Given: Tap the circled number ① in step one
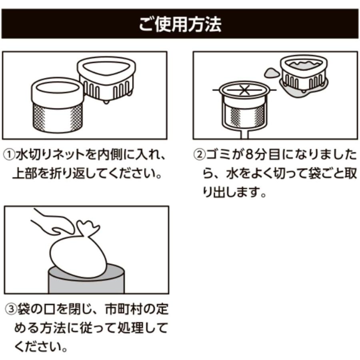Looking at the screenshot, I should (10, 155).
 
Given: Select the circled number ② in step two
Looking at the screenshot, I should (199, 155).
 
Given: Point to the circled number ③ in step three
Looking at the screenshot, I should (10, 309).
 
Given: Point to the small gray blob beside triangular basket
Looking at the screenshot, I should (271, 72).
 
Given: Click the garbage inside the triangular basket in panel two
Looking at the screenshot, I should (304, 64).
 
